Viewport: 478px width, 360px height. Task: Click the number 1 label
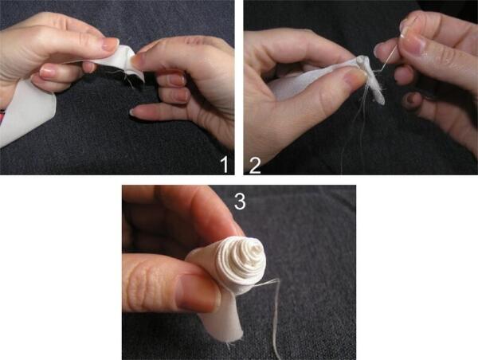coord(225,165)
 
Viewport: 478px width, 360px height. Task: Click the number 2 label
coord(255,166)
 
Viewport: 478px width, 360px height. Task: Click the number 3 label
coord(240,202)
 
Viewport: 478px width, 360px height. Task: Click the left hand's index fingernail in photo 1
coord(110,43)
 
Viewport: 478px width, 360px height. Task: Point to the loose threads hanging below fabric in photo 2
coord(357,128)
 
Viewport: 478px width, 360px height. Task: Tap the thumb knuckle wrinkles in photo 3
coord(146,285)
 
